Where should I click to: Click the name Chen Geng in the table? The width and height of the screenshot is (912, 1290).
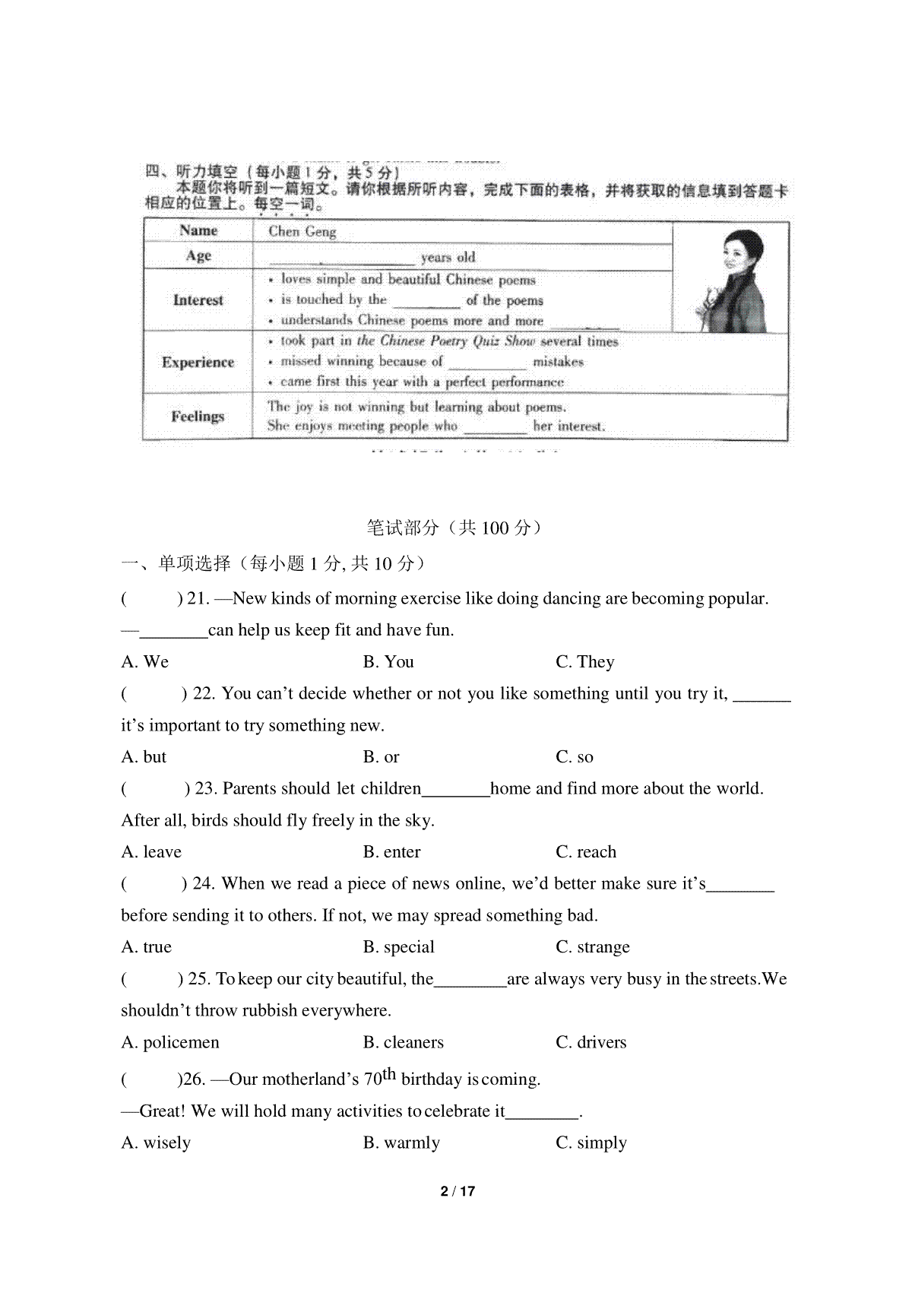pyautogui.click(x=302, y=231)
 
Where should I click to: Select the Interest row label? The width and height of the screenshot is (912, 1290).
pyautogui.click(x=198, y=300)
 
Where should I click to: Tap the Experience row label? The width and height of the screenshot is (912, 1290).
pyautogui.click(x=198, y=362)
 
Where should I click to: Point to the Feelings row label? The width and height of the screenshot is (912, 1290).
pyautogui.click(x=198, y=416)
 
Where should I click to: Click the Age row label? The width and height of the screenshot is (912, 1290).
pyautogui.click(x=198, y=255)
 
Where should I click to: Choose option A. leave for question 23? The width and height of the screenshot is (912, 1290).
pyautogui.click(x=151, y=852)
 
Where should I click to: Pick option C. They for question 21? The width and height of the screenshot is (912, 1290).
pyautogui.click(x=584, y=662)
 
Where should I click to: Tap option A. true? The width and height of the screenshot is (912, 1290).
pyautogui.click(x=146, y=947)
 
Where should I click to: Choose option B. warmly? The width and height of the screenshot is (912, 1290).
pyautogui.click(x=401, y=1143)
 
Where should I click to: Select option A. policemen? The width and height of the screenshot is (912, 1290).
pyautogui.click(x=170, y=1042)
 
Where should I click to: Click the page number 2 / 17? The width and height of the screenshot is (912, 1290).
pyautogui.click(x=458, y=1191)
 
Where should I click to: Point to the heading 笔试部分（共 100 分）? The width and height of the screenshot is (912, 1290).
pyautogui.click(x=455, y=528)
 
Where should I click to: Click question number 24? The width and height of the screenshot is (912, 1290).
pyautogui.click(x=202, y=883)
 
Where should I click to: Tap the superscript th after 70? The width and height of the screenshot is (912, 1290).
pyautogui.click(x=389, y=1073)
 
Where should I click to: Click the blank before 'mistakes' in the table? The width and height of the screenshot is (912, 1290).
pyautogui.click(x=487, y=363)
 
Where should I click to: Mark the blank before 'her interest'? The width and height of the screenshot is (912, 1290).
pyautogui.click(x=495, y=428)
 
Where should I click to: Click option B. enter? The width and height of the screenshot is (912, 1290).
pyautogui.click(x=391, y=852)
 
